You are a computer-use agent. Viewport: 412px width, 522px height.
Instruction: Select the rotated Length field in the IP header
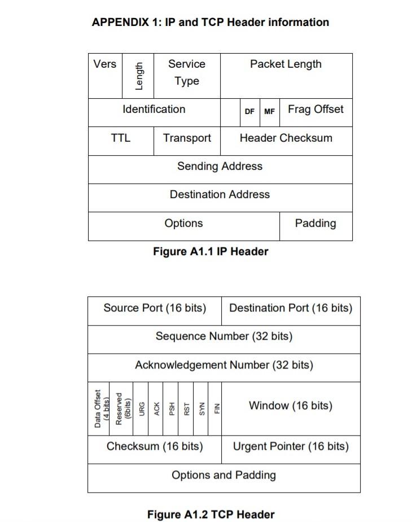pos(139,76)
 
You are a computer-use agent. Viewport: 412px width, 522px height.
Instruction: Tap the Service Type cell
pos(187,73)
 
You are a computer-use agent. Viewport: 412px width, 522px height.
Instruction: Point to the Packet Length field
pos(286,64)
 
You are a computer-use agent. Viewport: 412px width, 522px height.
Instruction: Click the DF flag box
pos(249,112)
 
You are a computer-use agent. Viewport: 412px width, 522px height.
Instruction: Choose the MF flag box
pos(269,112)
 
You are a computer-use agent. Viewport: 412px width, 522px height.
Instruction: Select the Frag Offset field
pos(315,109)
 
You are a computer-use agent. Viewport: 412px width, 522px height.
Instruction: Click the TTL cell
pos(120,138)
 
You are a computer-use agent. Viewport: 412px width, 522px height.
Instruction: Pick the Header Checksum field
pos(286,138)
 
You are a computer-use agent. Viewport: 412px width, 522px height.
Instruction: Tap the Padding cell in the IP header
pos(315,223)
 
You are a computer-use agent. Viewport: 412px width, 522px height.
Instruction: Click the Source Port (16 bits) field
pos(154,308)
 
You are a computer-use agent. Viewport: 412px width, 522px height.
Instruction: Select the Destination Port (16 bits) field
pos(291,308)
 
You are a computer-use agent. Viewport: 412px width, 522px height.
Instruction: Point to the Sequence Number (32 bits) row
pos(223,337)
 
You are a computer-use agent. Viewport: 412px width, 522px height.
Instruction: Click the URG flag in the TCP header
pos(141,408)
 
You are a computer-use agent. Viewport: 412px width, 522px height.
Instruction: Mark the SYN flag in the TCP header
pos(201,408)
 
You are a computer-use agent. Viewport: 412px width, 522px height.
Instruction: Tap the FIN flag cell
pos(216,408)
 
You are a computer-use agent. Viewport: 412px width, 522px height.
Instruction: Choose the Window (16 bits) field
pos(291,406)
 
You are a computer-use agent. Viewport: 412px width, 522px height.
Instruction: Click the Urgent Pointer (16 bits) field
pos(291,447)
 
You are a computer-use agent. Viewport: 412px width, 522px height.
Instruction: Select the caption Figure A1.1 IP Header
pos(211,252)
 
